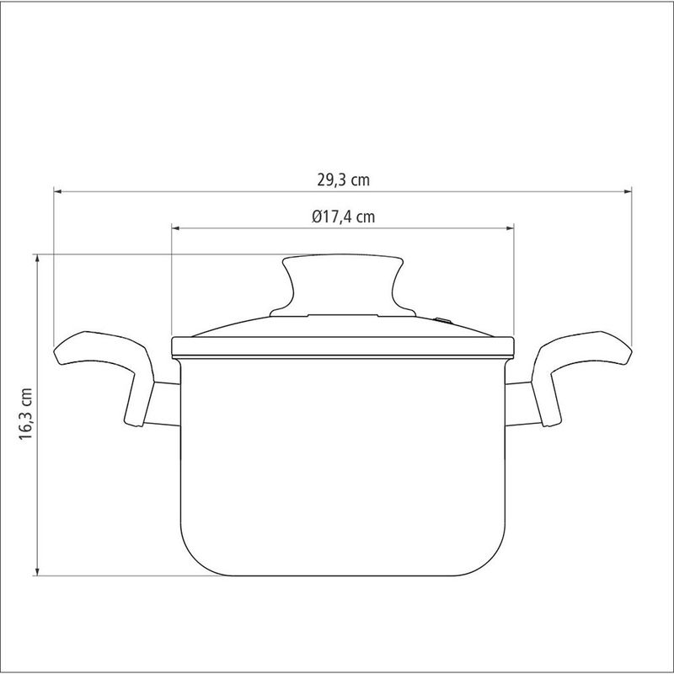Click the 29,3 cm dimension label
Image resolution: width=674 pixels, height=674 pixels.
tap(344, 179)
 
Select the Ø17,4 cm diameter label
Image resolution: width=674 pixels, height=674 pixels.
tap(344, 217)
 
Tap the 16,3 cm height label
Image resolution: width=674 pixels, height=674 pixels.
tap(26, 414)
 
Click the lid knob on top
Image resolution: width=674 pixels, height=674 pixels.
tap(343, 286)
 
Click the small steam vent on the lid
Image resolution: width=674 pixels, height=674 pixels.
tap(443, 320)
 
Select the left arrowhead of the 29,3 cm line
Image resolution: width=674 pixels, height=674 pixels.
tap(57, 191)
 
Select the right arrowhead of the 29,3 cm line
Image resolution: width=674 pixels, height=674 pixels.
tap(628, 191)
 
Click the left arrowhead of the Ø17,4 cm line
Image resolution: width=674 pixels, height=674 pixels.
tap(175, 228)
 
